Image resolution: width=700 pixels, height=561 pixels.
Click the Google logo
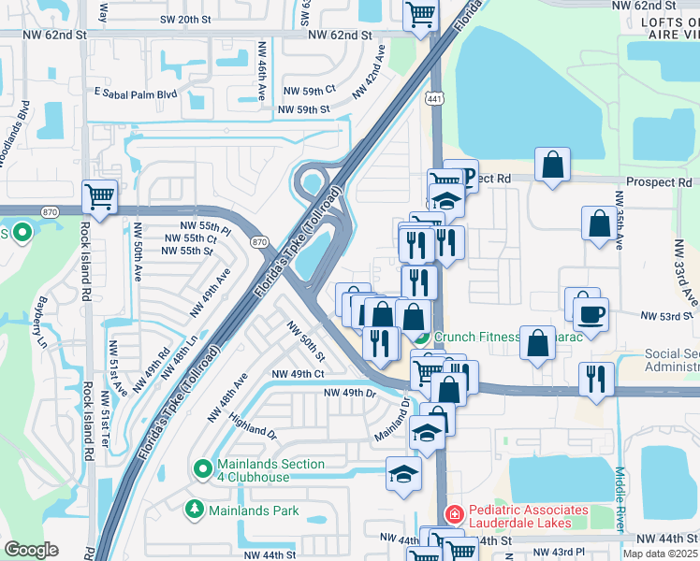(31, 550)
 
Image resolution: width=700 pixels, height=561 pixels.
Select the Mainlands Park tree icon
(195, 511)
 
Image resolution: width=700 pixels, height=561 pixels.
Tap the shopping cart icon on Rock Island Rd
(100, 196)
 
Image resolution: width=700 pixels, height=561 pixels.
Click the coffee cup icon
(591, 313)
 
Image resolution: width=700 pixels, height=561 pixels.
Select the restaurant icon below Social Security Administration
(596, 379)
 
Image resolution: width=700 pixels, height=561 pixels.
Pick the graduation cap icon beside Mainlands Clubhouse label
(403, 473)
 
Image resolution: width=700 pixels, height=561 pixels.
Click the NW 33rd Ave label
(690, 281)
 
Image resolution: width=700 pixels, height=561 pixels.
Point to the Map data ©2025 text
(661, 554)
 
